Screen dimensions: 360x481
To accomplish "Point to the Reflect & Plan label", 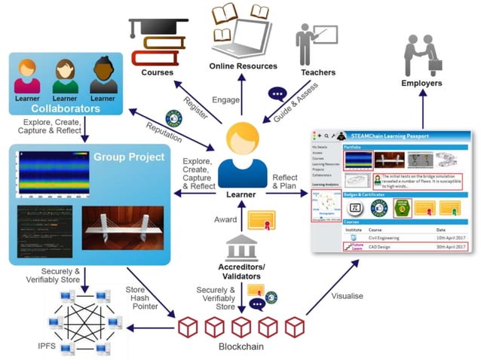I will (x=286, y=182).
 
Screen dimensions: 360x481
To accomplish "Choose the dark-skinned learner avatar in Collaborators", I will (x=103, y=73).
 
